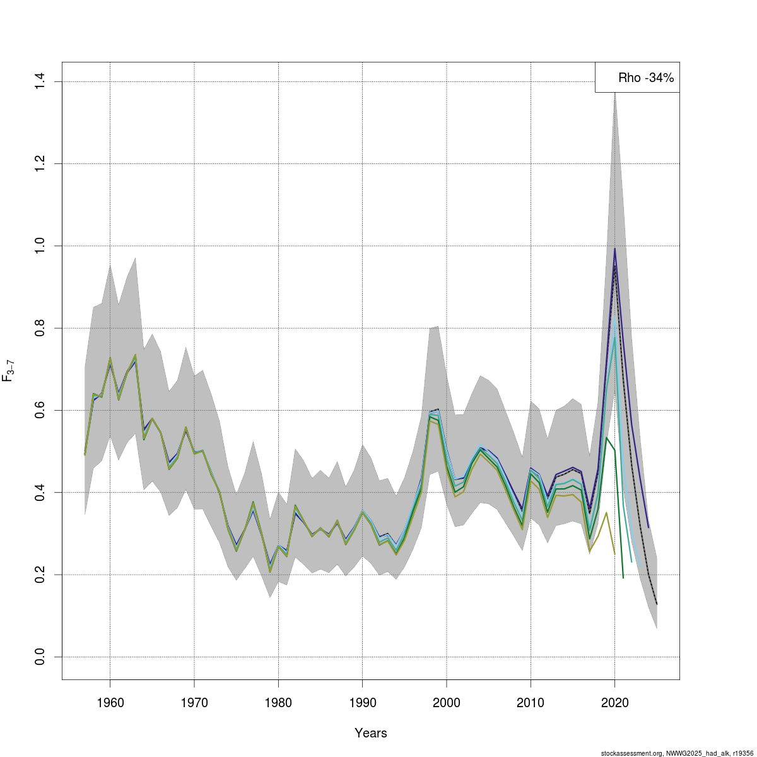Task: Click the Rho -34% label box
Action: (x=637, y=78)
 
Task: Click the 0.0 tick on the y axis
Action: (x=40, y=657)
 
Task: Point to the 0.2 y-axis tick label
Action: (x=40, y=575)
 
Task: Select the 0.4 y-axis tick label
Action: (x=40, y=492)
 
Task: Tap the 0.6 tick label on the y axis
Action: (x=40, y=410)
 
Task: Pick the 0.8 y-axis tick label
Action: (x=40, y=328)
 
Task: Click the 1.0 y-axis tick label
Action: (x=40, y=245)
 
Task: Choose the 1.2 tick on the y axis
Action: (x=40, y=163)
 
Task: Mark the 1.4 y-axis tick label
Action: (x=40, y=81)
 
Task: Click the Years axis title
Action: (x=371, y=733)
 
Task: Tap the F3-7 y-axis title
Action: (x=9, y=371)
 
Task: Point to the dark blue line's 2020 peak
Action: (x=614, y=249)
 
